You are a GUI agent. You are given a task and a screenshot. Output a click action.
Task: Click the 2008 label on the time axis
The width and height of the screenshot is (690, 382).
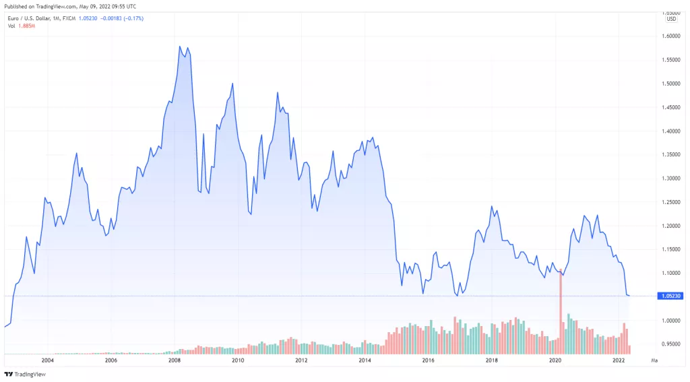pos(174,361)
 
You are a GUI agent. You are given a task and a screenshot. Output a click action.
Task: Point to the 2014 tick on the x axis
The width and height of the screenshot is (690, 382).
pos(365,361)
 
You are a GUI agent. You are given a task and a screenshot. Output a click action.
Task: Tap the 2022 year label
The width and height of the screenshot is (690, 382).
pos(619,361)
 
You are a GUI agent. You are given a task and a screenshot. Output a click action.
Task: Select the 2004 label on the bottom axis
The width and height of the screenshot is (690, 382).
pos(47,361)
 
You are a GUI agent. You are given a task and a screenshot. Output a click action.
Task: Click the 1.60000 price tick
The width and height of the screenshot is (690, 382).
pos(670,36)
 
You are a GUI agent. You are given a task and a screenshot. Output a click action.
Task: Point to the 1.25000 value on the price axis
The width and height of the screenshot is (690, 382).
pos(670,202)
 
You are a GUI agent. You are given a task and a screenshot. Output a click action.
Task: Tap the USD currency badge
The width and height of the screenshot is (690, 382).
pos(671,18)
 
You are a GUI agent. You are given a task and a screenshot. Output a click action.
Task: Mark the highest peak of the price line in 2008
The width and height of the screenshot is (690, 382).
pos(180,46)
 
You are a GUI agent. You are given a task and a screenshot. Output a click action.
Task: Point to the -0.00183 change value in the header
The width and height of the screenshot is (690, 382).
pos(106,18)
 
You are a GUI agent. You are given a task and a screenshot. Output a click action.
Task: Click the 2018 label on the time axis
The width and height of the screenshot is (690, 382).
pos(492,361)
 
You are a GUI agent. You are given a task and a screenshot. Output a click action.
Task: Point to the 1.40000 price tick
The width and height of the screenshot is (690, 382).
pos(670,131)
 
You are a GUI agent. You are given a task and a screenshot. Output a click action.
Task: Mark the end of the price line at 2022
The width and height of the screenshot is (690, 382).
pos(629,296)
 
